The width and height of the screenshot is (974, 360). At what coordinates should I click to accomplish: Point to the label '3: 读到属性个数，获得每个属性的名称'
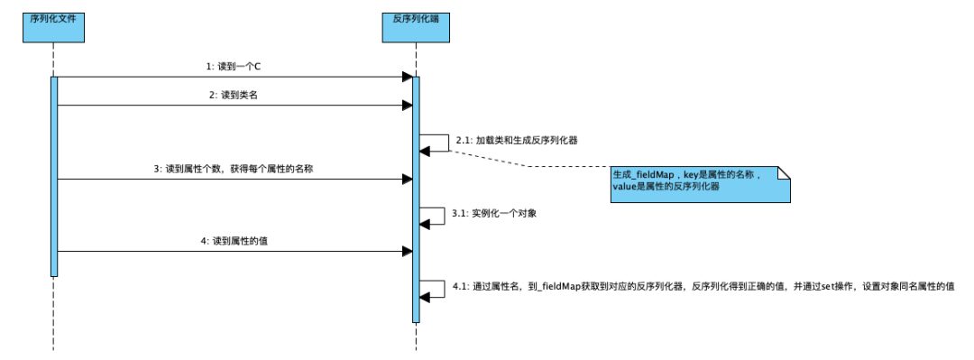pos(234,169)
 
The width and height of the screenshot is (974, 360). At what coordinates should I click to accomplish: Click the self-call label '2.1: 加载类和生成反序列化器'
pos(516,142)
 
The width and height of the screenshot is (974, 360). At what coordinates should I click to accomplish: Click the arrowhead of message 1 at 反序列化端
pos(407,78)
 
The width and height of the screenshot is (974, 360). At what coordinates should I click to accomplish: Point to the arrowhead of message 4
pos(407,251)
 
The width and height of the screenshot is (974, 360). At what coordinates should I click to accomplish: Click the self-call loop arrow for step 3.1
pos(436,217)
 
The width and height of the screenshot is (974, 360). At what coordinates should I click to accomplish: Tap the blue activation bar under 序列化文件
pos(54,176)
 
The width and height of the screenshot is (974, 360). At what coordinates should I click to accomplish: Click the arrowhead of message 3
pos(407,179)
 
